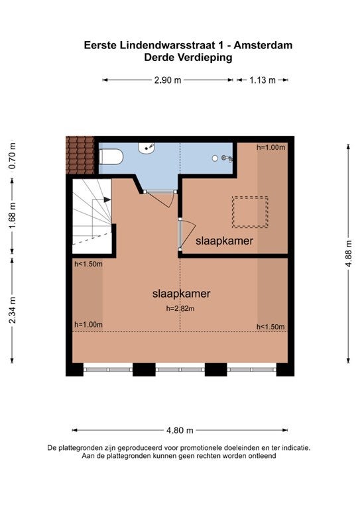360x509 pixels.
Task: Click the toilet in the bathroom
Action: tap(111, 157)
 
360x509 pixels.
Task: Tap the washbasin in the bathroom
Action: tap(147, 148)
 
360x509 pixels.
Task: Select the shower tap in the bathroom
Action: tap(227, 158)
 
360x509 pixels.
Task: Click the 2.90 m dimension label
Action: tap(168, 80)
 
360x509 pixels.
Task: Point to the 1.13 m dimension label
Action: tap(263, 80)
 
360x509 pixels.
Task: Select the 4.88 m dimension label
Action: tap(349, 254)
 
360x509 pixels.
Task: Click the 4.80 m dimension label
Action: tap(180, 430)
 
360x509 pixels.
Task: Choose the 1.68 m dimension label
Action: tap(13, 215)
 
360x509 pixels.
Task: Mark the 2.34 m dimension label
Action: tap(13, 310)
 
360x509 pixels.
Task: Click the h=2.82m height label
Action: tap(180, 308)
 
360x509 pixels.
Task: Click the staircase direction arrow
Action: tap(107, 199)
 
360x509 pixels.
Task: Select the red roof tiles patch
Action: tap(80, 155)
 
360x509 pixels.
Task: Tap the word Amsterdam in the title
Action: tap(263, 45)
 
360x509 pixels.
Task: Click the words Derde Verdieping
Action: tap(188, 58)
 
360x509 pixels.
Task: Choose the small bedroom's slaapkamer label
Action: tap(224, 241)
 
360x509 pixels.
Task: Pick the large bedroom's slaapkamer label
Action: tap(182, 294)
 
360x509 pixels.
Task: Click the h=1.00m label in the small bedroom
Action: tap(270, 147)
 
